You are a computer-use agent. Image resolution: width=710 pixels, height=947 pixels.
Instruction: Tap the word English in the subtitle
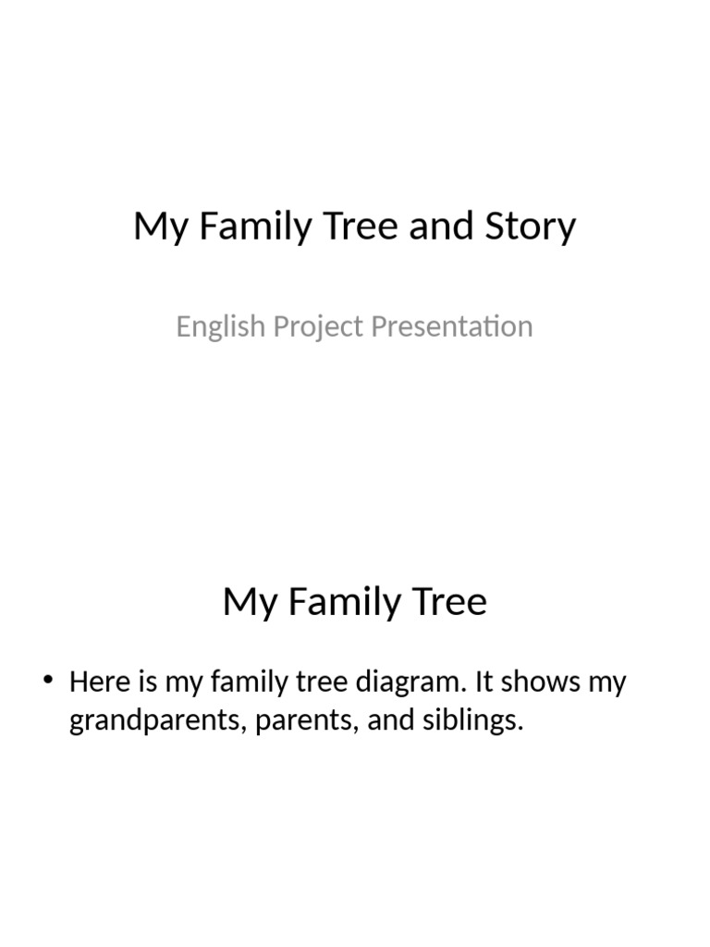214,326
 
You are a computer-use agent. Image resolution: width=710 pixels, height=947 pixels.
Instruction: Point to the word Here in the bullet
99,683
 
